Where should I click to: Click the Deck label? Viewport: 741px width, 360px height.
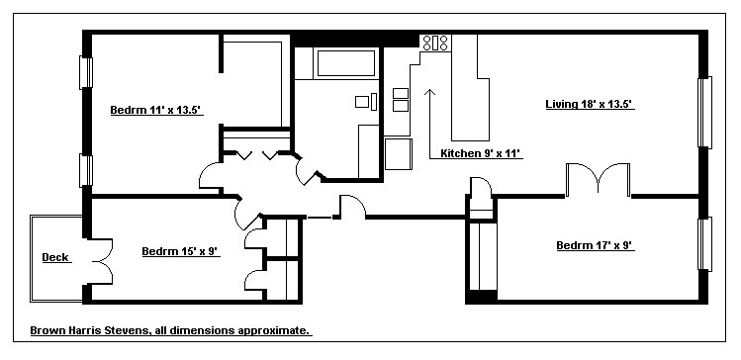(x=55, y=257)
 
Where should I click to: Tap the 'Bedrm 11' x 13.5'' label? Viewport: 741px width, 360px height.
(x=156, y=110)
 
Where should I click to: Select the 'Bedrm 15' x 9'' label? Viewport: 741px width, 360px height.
(x=180, y=251)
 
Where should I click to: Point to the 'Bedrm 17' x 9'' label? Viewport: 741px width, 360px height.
(x=595, y=245)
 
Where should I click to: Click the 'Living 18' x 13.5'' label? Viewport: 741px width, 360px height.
(x=590, y=104)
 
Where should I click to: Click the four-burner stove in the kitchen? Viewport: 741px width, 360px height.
(x=435, y=43)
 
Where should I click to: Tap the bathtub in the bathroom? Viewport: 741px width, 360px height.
(x=346, y=63)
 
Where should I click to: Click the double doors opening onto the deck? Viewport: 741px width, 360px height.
(x=100, y=261)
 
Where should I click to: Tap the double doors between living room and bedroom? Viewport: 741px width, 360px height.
(x=599, y=180)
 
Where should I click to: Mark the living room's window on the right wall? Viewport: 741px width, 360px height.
(x=704, y=113)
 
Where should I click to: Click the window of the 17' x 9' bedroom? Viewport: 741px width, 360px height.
(x=704, y=243)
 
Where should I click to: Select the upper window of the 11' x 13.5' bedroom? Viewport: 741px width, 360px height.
(x=86, y=72)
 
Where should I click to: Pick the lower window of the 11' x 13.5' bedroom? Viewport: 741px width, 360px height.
(x=86, y=170)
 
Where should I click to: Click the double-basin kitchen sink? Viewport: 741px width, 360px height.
(x=401, y=100)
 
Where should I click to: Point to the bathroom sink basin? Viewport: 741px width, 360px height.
(x=362, y=102)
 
